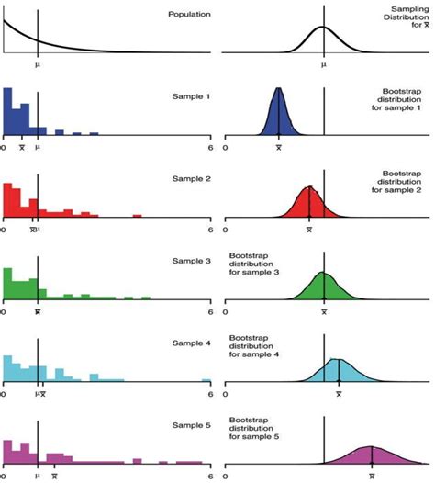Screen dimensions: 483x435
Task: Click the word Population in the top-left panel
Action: point(184,15)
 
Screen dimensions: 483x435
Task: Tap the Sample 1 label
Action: point(190,96)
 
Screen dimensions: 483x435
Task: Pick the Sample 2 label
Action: point(190,177)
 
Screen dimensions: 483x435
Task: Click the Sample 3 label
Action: point(190,262)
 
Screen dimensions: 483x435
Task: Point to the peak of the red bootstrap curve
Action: point(309,186)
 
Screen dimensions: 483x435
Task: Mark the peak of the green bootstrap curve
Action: point(324,273)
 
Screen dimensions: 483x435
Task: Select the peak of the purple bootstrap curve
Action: point(372,446)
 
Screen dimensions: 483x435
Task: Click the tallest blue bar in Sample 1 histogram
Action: point(7,110)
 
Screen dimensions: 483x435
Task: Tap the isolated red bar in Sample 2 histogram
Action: point(137,216)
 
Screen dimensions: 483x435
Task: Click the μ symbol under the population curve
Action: point(38,65)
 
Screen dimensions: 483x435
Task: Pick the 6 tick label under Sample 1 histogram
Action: point(210,147)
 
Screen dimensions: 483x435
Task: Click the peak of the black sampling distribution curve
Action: point(323,27)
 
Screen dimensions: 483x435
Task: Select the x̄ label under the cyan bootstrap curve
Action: point(340,393)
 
